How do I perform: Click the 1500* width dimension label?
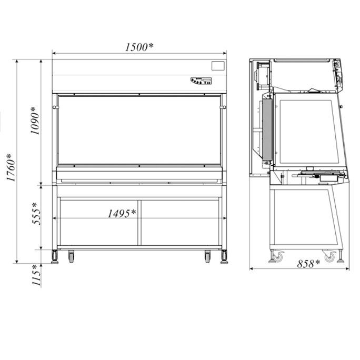[x=139, y=47]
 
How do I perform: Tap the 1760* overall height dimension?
[x=11, y=167]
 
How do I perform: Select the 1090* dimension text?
[x=35, y=121]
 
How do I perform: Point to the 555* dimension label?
[x=36, y=214]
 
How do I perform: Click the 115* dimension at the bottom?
[x=36, y=275]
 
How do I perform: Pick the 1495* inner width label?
[x=122, y=214]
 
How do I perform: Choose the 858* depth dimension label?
[x=308, y=264]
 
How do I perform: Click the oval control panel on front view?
[x=201, y=81]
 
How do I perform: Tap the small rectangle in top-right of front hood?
[x=218, y=66]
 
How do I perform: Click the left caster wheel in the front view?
[x=71, y=257]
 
